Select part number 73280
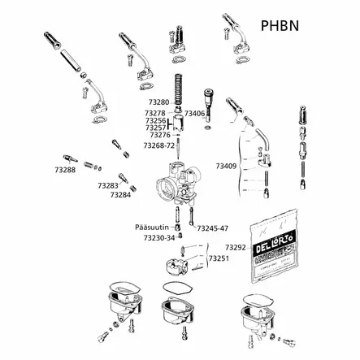click(156, 102)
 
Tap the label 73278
click(155, 113)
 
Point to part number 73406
click(195, 114)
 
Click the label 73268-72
click(158, 145)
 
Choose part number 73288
click(65, 170)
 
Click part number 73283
click(108, 185)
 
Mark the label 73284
click(120, 195)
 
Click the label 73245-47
click(212, 228)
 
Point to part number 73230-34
click(158, 238)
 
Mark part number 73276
click(160, 135)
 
